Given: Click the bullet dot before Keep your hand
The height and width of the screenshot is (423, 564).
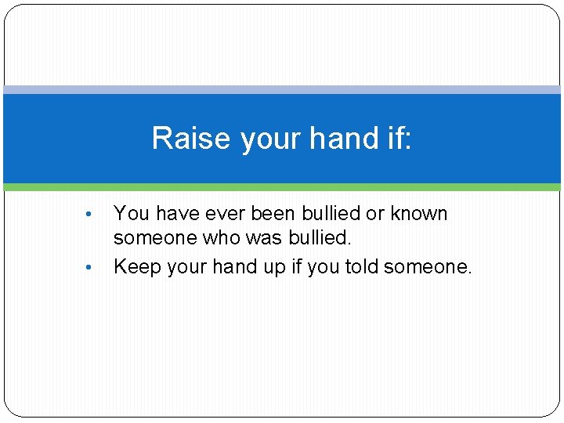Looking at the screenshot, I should (91, 268).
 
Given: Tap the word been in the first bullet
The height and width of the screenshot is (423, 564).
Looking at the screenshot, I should (274, 214).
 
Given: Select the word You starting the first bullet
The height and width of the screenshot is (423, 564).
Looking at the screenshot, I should (130, 214).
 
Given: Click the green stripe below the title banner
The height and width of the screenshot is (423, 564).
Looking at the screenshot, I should (282, 188).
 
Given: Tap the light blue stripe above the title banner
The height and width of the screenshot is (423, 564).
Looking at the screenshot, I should (282, 89).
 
